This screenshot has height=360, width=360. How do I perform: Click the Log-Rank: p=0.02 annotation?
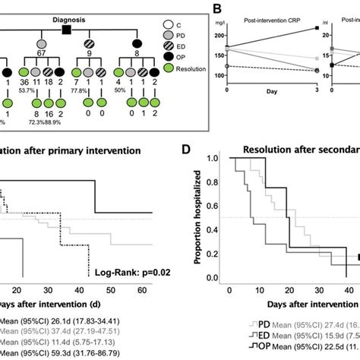click(x=127, y=271)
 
